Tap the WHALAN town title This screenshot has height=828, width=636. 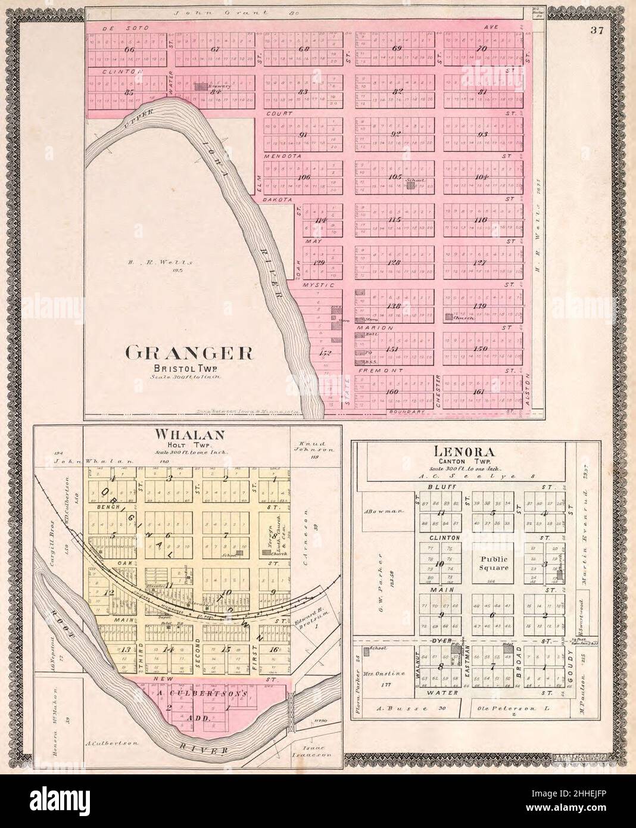[179, 434]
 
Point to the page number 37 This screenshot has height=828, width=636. [598, 32]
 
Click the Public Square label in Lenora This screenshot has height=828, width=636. [493, 563]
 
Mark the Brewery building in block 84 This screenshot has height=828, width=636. [200, 87]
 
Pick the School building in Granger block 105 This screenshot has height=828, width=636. [410, 185]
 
